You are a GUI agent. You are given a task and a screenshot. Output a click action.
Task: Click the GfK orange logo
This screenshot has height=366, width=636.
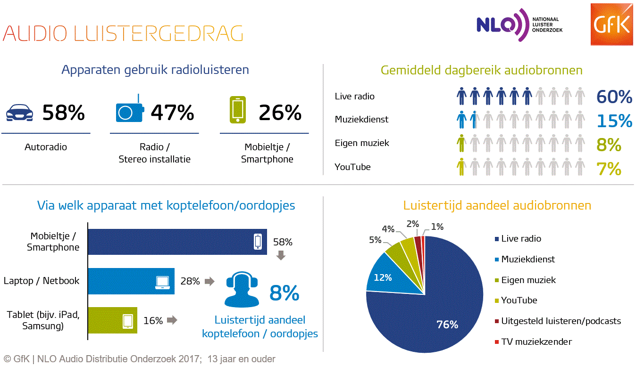coord(611,24)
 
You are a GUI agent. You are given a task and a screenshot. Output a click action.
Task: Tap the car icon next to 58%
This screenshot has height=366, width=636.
coord(21,113)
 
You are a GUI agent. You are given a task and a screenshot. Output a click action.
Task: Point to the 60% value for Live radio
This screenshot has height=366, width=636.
coord(614,97)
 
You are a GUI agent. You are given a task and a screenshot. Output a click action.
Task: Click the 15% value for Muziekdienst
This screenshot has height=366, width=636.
coord(614,121)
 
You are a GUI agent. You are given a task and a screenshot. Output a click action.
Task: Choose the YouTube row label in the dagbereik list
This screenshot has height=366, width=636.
coord(352,167)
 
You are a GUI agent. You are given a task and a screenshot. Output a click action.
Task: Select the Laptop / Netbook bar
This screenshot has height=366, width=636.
coord(131,281)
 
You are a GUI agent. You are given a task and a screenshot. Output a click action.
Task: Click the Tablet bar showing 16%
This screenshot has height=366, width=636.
coord(112,320)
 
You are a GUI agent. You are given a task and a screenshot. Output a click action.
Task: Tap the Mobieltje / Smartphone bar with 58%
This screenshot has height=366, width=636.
coord(177,242)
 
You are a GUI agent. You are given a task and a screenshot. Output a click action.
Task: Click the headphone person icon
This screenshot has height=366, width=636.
coord(242,289)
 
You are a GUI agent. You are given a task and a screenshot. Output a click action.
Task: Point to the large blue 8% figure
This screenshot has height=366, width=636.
coord(284,293)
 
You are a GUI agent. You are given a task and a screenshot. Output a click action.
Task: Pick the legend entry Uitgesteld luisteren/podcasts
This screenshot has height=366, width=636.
coord(561,321)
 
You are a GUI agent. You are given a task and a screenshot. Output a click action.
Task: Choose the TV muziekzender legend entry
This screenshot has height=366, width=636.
coord(536,342)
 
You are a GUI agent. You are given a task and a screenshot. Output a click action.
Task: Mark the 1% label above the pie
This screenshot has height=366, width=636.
coord(437,227)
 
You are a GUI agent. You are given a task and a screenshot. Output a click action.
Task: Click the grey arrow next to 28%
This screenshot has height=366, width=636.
coord(209,281)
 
